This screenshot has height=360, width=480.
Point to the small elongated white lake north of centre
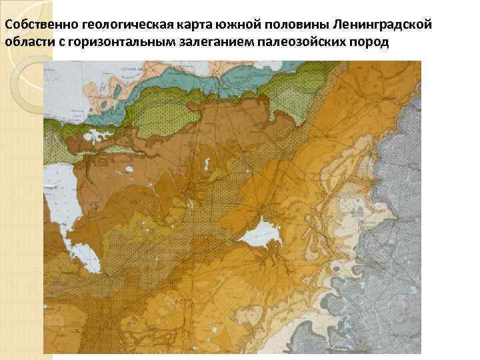coord(209,163)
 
